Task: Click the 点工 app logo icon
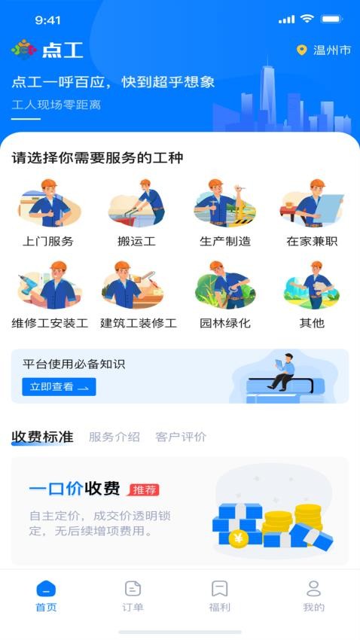tap(24, 50)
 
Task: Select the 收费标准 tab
tap(42, 437)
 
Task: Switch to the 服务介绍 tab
tap(114, 437)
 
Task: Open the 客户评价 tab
tap(181, 437)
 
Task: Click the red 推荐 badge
tap(144, 489)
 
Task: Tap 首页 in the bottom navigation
tap(46, 596)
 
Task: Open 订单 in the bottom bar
tap(133, 596)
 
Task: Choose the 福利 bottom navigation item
tap(219, 596)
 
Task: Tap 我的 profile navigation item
tap(313, 596)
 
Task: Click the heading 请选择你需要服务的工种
tap(98, 158)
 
